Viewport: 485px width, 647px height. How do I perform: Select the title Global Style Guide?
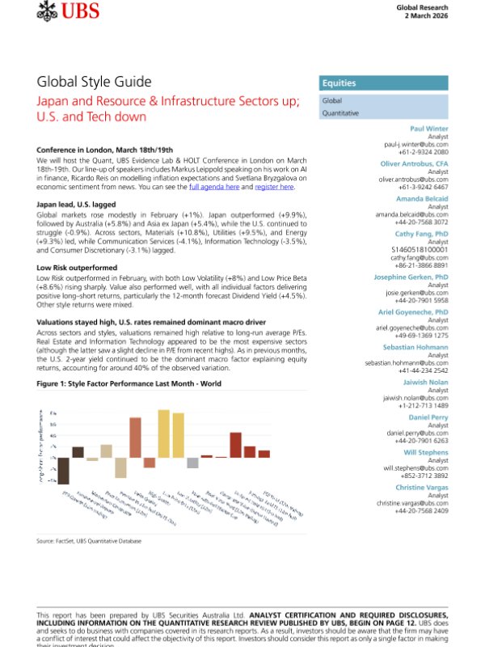[x=94, y=82]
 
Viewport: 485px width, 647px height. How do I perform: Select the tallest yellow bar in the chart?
[x=163, y=438]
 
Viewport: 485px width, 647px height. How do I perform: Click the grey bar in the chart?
[x=192, y=463]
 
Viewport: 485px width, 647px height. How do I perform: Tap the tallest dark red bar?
[x=235, y=445]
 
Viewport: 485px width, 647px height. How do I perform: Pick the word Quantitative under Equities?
[x=340, y=114]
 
